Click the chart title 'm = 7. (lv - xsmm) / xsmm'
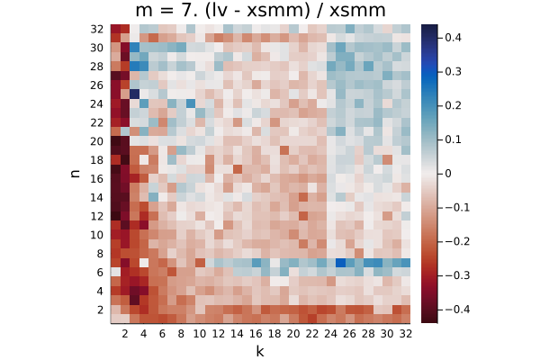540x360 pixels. pos(260,10)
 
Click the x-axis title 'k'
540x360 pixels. pos(260,351)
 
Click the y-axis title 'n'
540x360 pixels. pos(75,174)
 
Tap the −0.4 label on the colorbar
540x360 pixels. pos(457,310)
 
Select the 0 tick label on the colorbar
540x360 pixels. pos(448,174)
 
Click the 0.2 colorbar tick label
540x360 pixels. pos(454,105)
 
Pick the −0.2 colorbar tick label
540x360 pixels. pos(457,241)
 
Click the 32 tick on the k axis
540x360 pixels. pos(406,334)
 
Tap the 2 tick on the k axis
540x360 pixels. pos(125,334)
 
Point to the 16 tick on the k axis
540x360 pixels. pos(256,334)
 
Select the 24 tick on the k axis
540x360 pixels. pos(330,334)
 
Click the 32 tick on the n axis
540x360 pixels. pos(97,30)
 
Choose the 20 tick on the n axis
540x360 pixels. pos(97,141)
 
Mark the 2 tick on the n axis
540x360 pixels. pos(100,310)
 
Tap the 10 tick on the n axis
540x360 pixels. pos(97,235)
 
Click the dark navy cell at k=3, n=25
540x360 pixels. pos(134,94)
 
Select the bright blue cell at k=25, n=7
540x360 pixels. pos(340,263)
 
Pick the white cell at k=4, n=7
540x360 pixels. pos(144,263)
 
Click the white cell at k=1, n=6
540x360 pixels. pos(115,272)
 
